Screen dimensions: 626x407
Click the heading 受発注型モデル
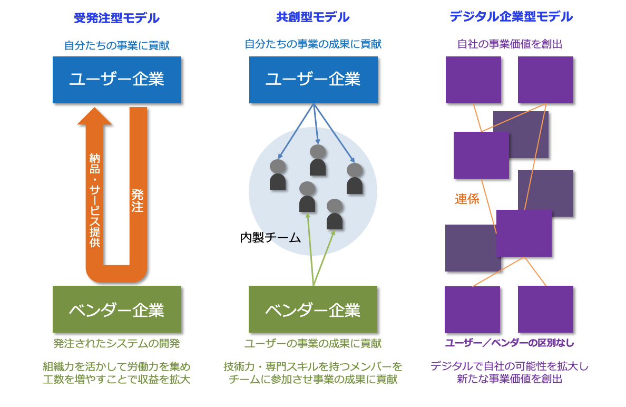[116, 18]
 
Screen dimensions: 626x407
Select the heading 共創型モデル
[313, 17]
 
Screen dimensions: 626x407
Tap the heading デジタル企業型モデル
[511, 17]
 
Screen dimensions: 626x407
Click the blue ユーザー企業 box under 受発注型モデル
[117, 80]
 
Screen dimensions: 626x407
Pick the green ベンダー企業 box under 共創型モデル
[313, 309]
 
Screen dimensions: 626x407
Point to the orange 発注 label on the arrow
[138, 201]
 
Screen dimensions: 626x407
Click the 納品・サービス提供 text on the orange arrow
[95, 200]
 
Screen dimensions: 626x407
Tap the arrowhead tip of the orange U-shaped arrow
[95, 108]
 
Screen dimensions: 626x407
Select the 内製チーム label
[271, 238]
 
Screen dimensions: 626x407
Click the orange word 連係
[467, 199]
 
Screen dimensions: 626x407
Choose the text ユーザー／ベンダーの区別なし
[510, 343]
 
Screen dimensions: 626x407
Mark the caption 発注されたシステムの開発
[116, 344]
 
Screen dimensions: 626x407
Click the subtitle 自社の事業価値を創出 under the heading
[510, 44]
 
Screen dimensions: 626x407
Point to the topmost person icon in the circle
[318, 160]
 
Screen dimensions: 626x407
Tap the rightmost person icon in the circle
[355, 179]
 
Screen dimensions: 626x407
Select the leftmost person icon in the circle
[278, 175]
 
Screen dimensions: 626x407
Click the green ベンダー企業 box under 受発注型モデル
[117, 309]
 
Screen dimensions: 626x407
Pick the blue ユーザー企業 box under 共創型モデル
[314, 80]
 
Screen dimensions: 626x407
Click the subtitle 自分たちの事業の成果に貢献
[313, 44]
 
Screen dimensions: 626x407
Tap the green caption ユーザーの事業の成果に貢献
[313, 344]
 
